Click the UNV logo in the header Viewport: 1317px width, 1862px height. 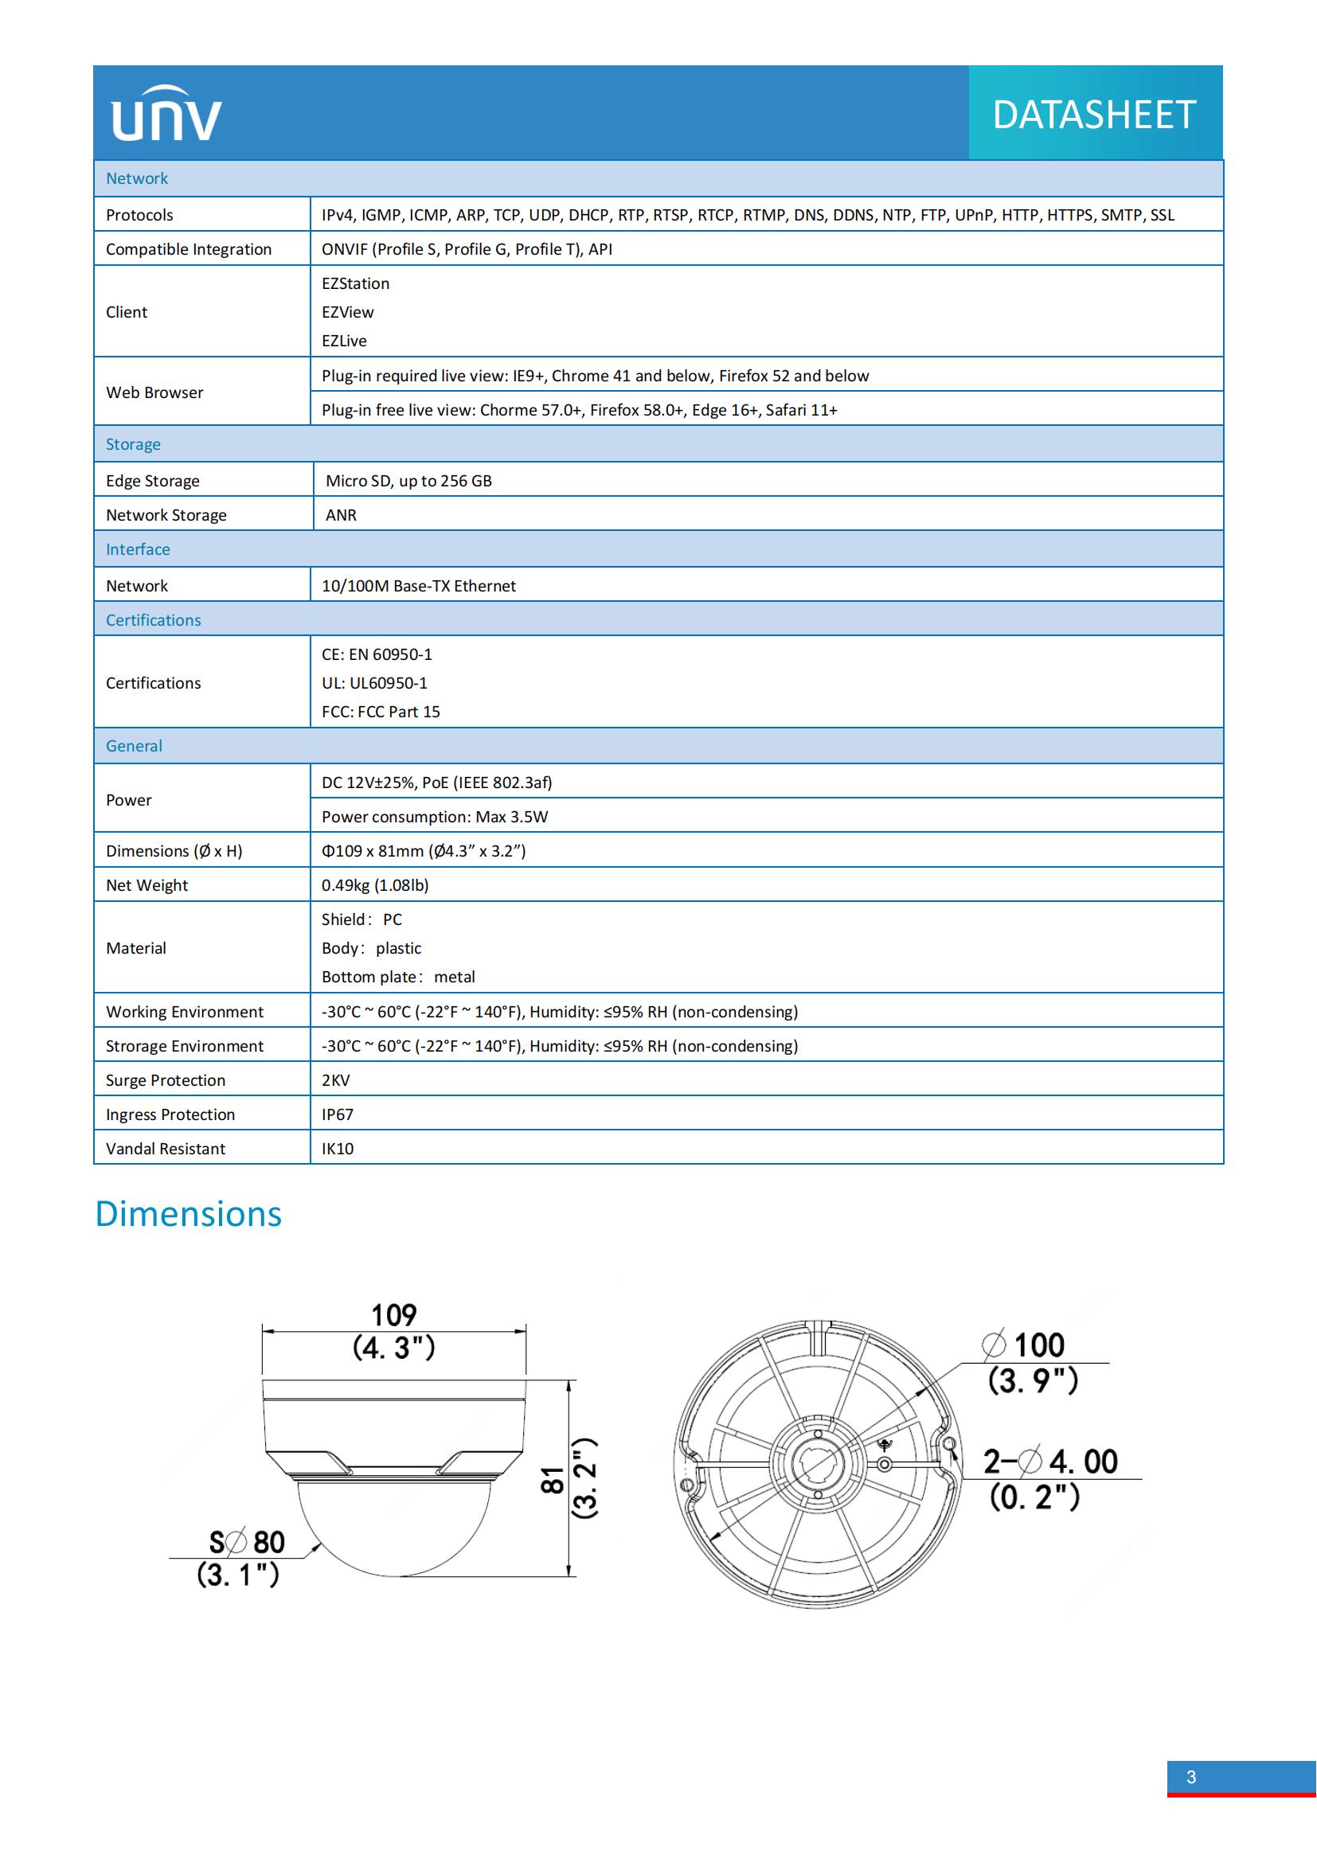(166, 114)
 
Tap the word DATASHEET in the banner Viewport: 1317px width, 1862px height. (1094, 115)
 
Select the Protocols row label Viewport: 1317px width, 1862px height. (139, 215)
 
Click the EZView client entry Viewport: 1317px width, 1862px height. (348, 312)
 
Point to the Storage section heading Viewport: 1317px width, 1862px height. (133, 444)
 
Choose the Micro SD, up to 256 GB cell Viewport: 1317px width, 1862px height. (408, 481)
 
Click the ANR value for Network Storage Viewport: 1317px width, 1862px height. (341, 515)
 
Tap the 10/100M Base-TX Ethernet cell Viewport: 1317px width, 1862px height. (419, 586)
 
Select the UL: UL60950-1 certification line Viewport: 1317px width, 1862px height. (375, 683)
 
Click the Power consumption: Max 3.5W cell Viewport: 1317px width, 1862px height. (435, 817)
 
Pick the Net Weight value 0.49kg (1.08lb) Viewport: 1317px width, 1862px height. (375, 884)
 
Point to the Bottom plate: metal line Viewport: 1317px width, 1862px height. (398, 977)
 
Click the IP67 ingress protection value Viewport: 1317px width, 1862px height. (338, 1114)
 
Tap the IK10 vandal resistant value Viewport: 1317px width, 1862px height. (338, 1149)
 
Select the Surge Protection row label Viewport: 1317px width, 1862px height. (166, 1080)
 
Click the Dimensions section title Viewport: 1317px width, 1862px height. (188, 1214)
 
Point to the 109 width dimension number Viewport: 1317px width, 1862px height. (394, 1314)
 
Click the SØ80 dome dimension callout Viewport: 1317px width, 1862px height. (248, 1542)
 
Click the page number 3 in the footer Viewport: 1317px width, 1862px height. (1190, 1777)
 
